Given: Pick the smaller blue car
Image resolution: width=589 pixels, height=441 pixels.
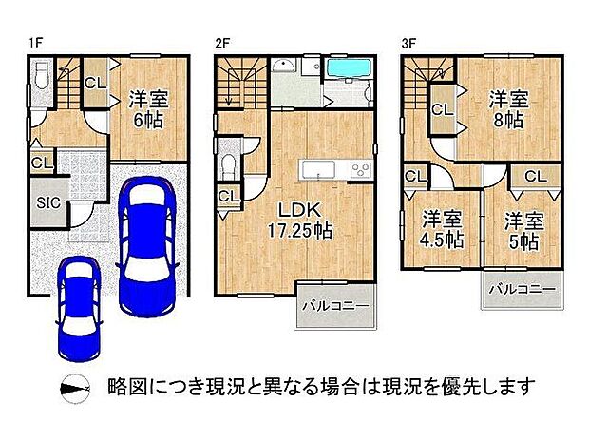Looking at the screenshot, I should (77, 305).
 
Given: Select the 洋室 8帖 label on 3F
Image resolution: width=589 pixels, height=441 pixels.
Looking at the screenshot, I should (507, 108).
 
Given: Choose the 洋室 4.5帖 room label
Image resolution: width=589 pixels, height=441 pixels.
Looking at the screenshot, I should (442, 228).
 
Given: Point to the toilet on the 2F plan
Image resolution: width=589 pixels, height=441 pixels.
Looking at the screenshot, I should (228, 162).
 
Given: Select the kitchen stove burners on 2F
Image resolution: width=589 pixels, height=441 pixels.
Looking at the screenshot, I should (361, 170).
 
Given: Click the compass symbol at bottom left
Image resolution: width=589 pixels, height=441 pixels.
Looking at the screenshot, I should (74, 389).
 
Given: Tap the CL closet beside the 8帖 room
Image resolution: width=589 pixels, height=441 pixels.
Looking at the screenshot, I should (442, 110).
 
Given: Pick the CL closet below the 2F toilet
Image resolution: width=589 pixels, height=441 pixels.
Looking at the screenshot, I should (228, 197).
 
